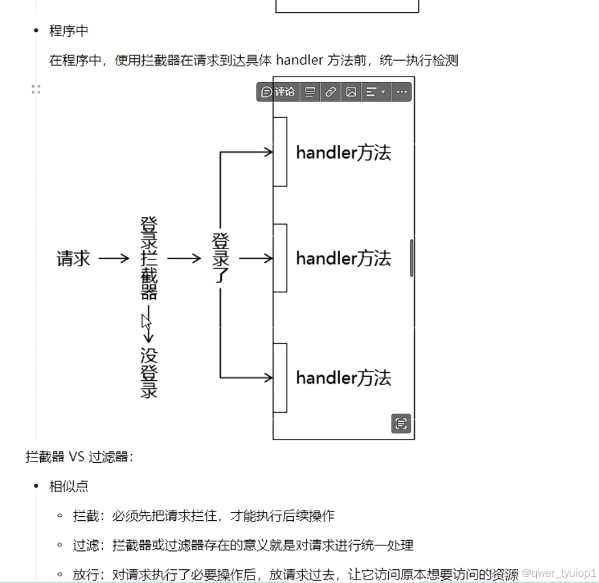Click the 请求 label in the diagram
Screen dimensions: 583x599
(x=73, y=259)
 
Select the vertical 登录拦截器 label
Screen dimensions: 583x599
(x=149, y=258)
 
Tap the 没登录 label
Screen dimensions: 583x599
(x=149, y=373)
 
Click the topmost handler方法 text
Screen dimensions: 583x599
(x=343, y=152)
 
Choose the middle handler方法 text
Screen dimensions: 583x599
(x=343, y=259)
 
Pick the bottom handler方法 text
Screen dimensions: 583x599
(x=343, y=378)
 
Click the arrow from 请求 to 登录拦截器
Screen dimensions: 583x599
(x=113, y=259)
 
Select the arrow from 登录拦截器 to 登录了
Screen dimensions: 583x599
(x=184, y=259)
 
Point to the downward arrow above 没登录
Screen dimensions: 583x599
(x=148, y=328)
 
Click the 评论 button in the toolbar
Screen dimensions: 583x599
(x=278, y=91)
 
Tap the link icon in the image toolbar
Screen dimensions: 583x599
(x=330, y=91)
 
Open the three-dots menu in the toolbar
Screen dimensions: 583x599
(x=402, y=91)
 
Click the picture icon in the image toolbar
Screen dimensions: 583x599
(x=351, y=91)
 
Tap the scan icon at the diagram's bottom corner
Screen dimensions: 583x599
(x=401, y=423)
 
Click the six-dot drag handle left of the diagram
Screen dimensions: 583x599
(x=36, y=89)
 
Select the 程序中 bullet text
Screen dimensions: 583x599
(x=68, y=31)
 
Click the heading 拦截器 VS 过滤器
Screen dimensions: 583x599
(x=79, y=457)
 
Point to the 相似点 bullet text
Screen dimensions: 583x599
(x=68, y=486)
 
